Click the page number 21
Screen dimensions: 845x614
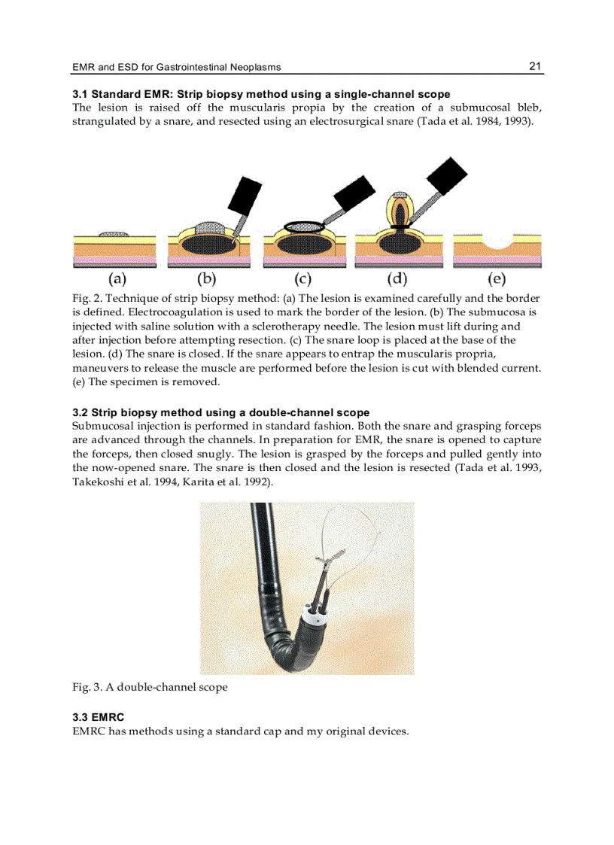click(x=535, y=66)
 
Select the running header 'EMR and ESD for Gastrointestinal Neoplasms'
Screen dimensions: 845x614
click(x=176, y=67)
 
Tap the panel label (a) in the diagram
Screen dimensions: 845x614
click(x=116, y=279)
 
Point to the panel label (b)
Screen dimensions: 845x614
click(x=206, y=279)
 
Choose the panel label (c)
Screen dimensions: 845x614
click(x=302, y=279)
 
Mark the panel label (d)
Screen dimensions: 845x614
click(x=397, y=279)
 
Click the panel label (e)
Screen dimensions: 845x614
click(x=497, y=279)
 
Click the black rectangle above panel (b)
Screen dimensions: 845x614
click(x=244, y=194)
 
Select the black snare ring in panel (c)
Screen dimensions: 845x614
click(x=304, y=225)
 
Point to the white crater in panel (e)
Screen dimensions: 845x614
click(x=497, y=242)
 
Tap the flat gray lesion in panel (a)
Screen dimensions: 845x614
click(x=113, y=234)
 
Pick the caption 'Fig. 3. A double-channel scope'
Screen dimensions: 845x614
click(x=150, y=687)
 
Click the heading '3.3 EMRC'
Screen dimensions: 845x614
click(x=98, y=717)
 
